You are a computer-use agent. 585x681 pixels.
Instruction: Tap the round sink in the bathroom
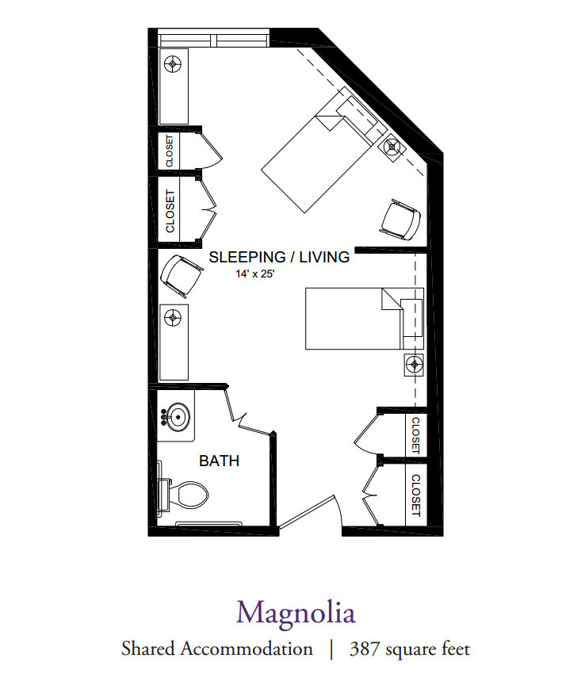click(178, 416)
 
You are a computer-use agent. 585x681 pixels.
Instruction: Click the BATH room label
click(219, 461)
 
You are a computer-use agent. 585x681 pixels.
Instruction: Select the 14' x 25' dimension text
click(255, 274)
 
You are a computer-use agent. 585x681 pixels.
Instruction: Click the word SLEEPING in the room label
click(247, 257)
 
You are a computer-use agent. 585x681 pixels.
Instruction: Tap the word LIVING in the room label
click(324, 257)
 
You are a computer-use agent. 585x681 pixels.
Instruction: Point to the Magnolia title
click(296, 613)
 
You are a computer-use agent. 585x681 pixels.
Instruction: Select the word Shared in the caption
click(147, 648)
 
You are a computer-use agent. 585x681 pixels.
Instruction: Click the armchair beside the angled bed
click(401, 220)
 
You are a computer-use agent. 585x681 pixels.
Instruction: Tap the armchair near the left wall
click(181, 275)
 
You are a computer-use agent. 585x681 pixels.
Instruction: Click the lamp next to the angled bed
click(392, 147)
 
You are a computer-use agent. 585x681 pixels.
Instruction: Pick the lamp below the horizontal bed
click(414, 364)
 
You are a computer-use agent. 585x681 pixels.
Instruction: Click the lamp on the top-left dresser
click(173, 64)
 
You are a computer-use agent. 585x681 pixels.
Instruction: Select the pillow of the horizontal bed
click(411, 317)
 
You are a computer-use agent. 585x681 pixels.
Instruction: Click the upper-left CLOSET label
click(170, 151)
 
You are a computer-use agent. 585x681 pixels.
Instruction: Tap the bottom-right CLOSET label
click(415, 495)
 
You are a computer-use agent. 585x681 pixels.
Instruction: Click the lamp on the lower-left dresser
click(173, 317)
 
